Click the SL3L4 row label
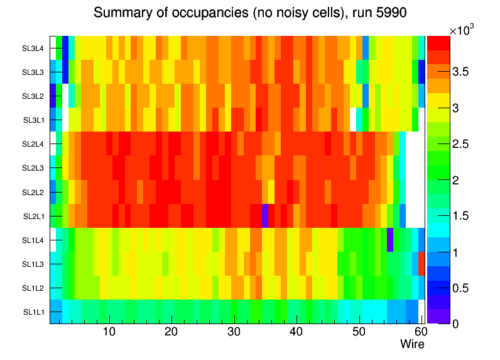(34, 48)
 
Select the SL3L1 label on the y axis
(34, 120)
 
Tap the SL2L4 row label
(34, 143)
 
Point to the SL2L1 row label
(34, 216)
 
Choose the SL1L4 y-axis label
(34, 240)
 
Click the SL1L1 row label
(34, 312)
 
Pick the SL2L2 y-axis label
(34, 192)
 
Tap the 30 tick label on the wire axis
(234, 332)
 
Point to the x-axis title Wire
(412, 344)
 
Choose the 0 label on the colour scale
(455, 323)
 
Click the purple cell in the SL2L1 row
(266, 215)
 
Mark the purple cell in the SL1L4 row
(389, 239)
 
